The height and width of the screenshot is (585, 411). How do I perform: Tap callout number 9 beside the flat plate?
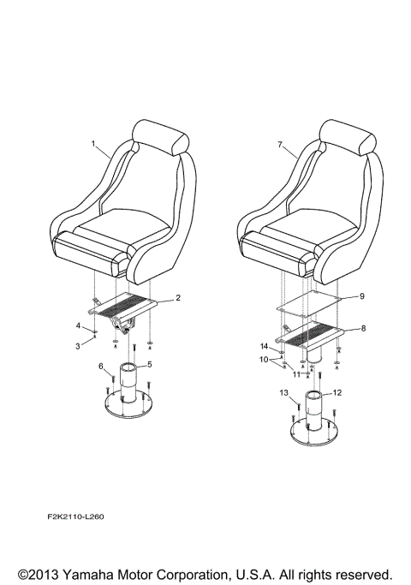coord(362,295)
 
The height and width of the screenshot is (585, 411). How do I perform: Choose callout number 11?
coord(296,374)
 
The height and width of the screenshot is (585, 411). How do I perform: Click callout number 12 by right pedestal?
coord(337,392)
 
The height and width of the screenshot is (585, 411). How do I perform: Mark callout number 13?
coord(283,393)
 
